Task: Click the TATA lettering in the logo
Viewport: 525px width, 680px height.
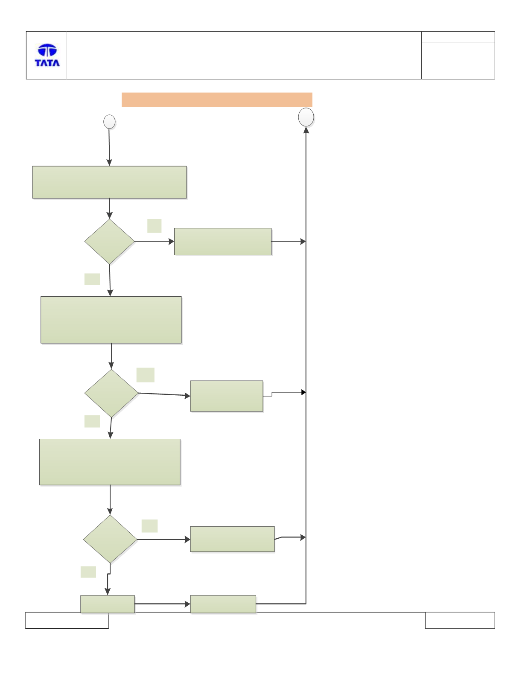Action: click(47, 63)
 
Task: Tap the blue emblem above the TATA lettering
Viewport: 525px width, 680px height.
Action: click(47, 50)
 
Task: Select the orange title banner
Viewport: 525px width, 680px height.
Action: click(217, 100)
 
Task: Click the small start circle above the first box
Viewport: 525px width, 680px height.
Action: click(110, 122)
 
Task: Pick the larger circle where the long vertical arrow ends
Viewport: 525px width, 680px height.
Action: click(306, 117)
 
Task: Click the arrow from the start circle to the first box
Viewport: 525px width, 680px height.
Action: click(109, 147)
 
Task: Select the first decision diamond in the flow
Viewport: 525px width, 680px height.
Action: click(110, 242)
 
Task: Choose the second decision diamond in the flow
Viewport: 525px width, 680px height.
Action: click(111, 393)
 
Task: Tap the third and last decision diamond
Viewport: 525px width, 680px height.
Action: click(110, 539)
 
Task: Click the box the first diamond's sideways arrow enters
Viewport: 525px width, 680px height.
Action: click(223, 242)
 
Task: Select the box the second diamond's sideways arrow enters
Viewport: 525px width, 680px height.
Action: click(227, 396)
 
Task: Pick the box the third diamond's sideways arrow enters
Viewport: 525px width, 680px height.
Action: click(233, 539)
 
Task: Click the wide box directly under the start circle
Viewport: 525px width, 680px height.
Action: click(110, 182)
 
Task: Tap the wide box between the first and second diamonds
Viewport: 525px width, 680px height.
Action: click(111, 320)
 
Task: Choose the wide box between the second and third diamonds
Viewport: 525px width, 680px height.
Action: click(110, 462)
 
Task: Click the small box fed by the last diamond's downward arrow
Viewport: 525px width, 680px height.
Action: click(108, 604)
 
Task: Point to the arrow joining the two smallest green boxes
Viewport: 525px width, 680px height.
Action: click(162, 604)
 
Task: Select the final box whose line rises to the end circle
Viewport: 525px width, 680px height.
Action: click(223, 604)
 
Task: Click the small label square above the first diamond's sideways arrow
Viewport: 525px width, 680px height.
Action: click(154, 226)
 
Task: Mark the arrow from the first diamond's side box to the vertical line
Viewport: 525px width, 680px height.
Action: click(289, 241)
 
